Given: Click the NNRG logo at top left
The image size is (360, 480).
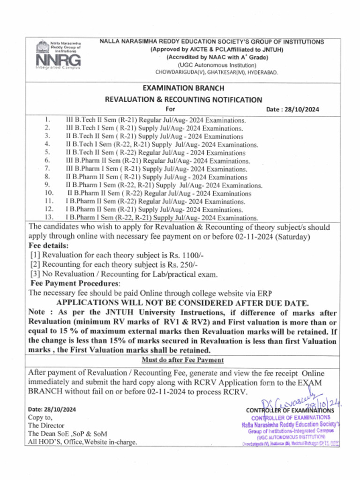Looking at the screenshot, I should (58, 55).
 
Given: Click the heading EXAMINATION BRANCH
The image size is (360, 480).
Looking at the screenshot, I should (183, 88).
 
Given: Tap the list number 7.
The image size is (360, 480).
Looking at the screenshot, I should (47, 168).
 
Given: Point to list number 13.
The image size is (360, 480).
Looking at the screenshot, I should (49, 217).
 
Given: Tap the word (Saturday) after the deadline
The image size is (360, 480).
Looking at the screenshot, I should (292, 237).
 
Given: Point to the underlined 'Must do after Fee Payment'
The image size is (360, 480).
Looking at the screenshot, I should (183, 360).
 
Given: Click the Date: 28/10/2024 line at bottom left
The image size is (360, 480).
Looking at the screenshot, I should (51, 409).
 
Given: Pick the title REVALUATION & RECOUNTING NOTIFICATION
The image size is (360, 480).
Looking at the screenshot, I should (183, 99).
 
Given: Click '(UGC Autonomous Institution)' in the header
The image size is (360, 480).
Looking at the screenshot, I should (217, 65).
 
